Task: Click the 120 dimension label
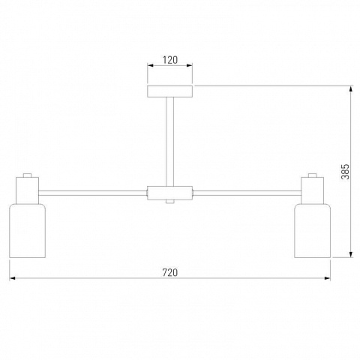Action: pyautogui.click(x=170, y=60)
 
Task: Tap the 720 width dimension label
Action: pyautogui.click(x=170, y=272)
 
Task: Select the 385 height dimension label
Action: pyautogui.click(x=345, y=172)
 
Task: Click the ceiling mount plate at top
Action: pyautogui.click(x=169, y=91)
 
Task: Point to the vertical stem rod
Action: pyautogui.click(x=169, y=142)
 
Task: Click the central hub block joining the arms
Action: pyautogui.click(x=169, y=193)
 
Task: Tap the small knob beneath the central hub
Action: pyautogui.click(x=169, y=202)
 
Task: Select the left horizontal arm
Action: pyautogui.click(x=93, y=193)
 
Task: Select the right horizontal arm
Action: pyautogui.click(x=247, y=193)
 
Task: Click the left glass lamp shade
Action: pyautogui.click(x=27, y=231)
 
